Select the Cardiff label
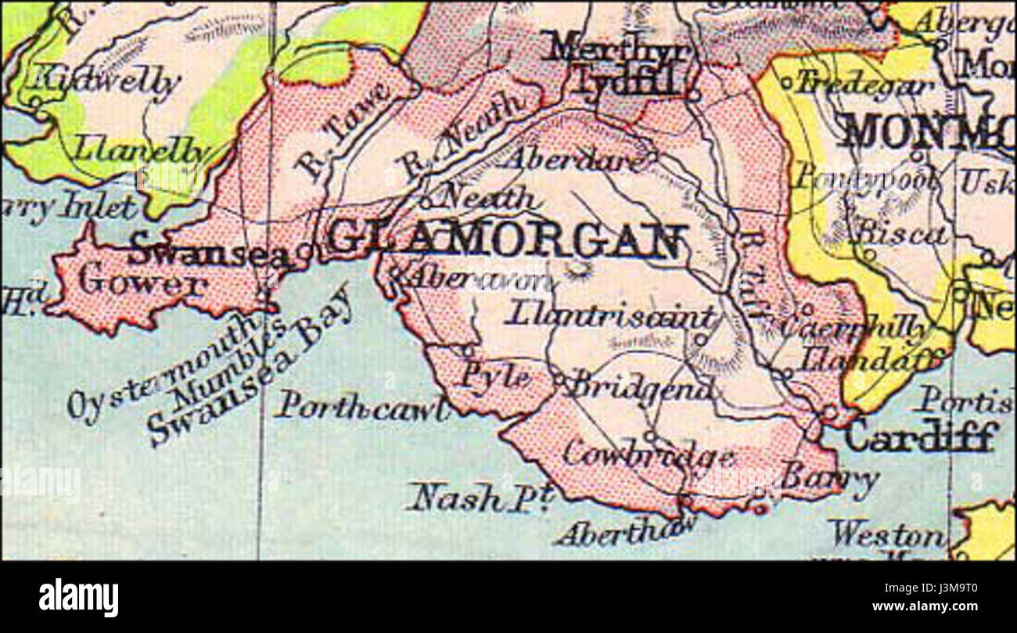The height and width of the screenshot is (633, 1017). pos(921,436)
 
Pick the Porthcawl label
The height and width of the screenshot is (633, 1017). pos(364,406)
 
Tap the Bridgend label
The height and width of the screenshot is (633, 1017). pos(641,385)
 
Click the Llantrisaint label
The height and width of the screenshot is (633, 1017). pos(610,315)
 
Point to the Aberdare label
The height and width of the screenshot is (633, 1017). pos(576,159)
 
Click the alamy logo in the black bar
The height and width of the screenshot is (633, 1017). pos(79,597)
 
